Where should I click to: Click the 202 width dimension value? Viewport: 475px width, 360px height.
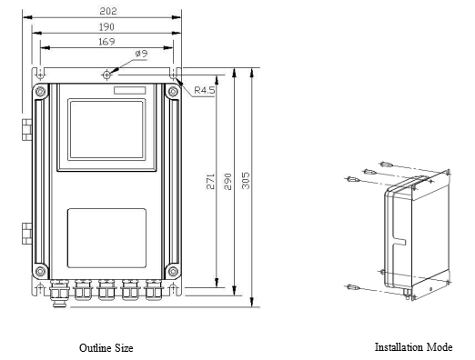pyautogui.click(x=108, y=11)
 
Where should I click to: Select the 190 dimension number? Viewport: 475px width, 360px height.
pyautogui.click(x=106, y=27)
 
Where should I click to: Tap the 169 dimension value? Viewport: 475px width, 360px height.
pyautogui.click(x=106, y=42)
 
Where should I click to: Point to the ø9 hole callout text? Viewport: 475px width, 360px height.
pyautogui.click(x=141, y=54)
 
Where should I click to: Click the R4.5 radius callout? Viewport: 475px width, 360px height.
pyautogui.click(x=204, y=90)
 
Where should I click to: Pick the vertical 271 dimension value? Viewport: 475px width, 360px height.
pyautogui.click(x=210, y=182)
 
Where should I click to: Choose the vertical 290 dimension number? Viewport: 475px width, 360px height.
pyautogui.click(x=228, y=182)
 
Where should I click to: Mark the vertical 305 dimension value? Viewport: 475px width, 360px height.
pyautogui.click(x=246, y=181)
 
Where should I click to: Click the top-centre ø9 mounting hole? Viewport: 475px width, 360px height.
pyautogui.click(x=106, y=75)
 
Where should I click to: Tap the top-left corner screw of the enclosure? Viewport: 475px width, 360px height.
pyautogui.click(x=41, y=91)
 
